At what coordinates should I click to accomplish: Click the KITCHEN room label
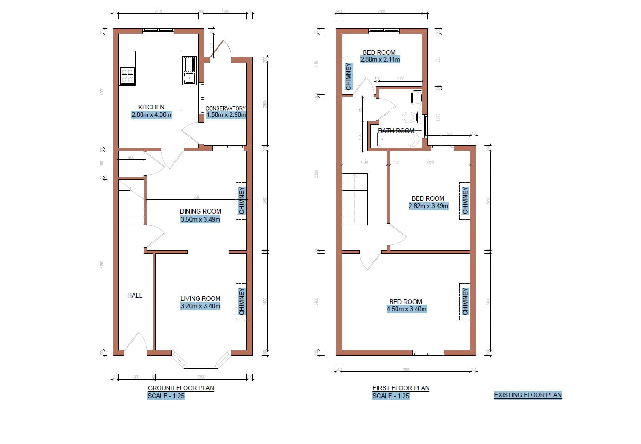151,107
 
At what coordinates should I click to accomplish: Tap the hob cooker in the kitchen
127,76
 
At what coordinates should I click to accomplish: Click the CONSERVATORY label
225,108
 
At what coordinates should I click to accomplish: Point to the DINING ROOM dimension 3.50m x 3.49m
200,219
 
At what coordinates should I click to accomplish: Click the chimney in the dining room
241,201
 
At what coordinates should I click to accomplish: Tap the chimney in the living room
241,302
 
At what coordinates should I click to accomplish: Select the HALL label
135,295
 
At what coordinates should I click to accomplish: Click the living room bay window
201,364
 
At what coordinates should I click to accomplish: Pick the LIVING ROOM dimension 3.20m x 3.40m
200,306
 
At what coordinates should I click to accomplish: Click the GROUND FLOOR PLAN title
181,388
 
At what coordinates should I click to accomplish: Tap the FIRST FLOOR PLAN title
401,388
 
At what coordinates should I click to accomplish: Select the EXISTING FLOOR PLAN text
528,395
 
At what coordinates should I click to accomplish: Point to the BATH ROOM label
396,131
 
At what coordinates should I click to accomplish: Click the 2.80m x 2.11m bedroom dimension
380,60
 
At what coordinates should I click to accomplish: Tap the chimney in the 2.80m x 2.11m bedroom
348,76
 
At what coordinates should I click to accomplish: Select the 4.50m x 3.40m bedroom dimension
407,309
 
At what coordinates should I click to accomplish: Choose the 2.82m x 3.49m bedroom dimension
428,206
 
